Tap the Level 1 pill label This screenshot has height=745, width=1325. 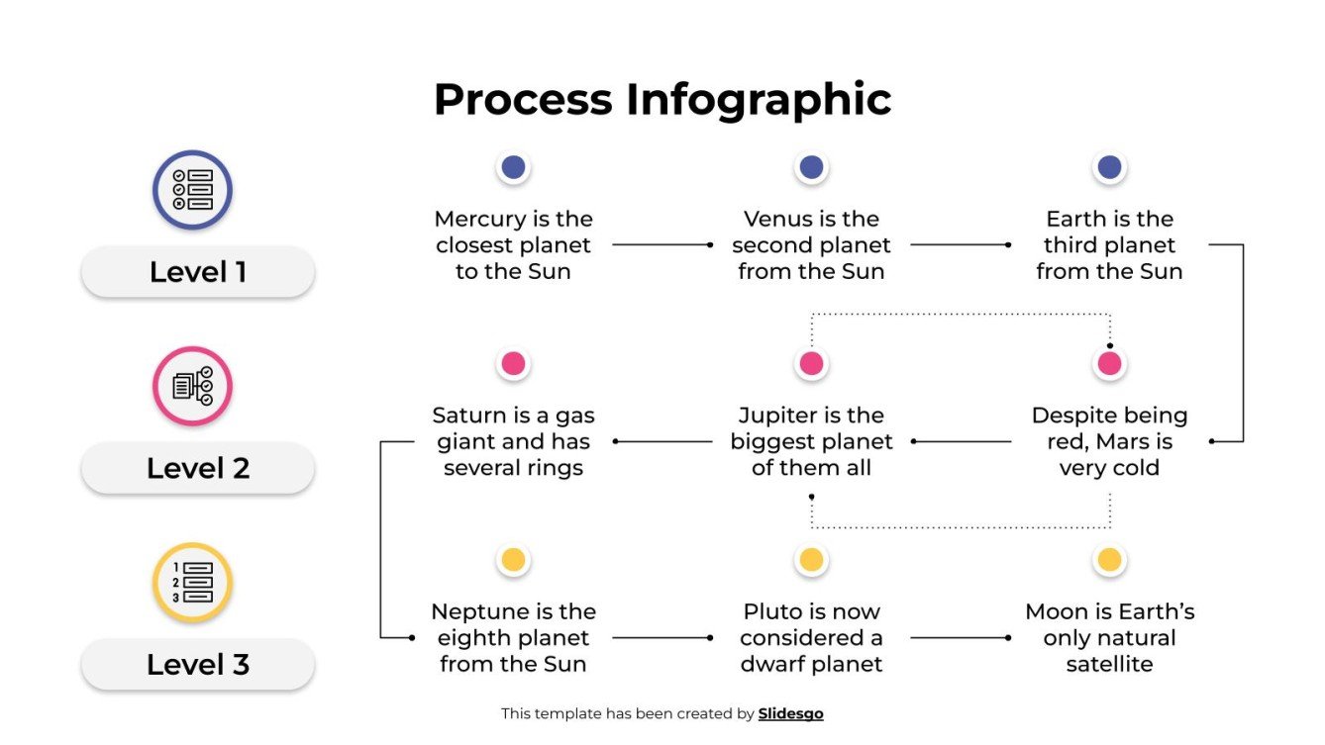pos(197,272)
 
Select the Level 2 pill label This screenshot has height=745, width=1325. pos(197,468)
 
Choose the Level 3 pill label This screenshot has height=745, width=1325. pos(197,665)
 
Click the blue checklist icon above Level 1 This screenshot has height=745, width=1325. pos(192,190)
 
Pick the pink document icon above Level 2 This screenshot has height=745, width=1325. pos(192,386)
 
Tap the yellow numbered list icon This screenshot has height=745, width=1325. pos(192,582)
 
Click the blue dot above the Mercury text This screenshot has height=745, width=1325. pos(513,167)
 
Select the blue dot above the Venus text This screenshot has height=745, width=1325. pos(811,167)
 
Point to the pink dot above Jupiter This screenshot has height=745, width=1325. pos(811,364)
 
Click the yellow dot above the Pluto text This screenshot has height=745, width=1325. pos(811,560)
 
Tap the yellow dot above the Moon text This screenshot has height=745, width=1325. pos(1109,560)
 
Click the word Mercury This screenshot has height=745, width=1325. pos(478,220)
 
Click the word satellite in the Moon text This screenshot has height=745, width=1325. pos(1109,665)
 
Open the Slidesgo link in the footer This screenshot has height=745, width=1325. pos(790,713)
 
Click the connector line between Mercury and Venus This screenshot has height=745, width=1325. pos(662,244)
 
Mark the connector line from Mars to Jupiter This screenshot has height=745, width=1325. pos(961,441)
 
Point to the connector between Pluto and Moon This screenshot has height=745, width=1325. pos(960,638)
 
